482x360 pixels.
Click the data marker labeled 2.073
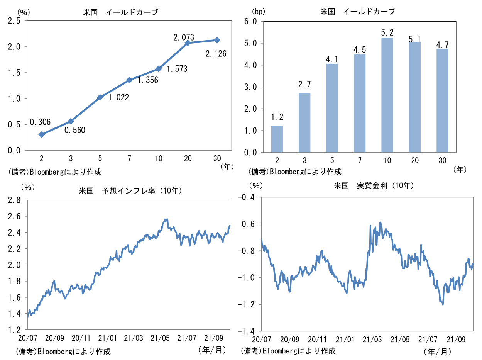click(x=188, y=43)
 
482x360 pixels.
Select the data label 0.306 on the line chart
click(x=40, y=122)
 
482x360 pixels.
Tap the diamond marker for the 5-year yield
click(x=100, y=97)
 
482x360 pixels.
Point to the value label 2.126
click(x=216, y=54)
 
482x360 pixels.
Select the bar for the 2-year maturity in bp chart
click(x=277, y=139)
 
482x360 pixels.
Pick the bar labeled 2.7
click(x=304, y=123)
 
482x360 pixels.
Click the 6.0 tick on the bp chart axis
click(x=250, y=22)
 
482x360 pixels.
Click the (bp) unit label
click(x=258, y=12)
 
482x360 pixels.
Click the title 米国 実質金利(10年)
click(x=374, y=186)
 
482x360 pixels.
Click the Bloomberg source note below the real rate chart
click(x=289, y=351)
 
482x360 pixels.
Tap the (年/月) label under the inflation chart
click(x=212, y=350)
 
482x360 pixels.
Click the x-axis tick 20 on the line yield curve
click(x=188, y=158)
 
